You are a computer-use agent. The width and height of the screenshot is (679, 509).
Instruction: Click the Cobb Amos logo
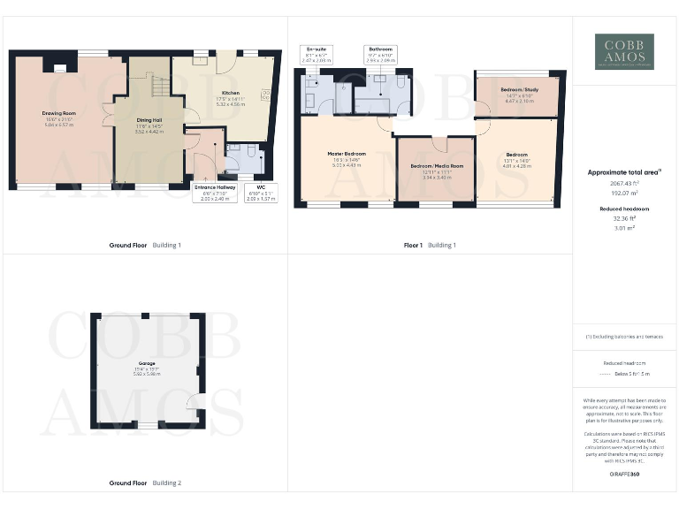624,51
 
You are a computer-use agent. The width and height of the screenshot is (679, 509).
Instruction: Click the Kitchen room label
231,92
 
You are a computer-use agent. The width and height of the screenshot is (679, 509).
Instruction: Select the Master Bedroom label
347,155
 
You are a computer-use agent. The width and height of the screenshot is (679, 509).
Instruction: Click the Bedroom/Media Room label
437,166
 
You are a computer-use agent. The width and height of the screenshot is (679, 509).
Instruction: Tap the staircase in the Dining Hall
154,87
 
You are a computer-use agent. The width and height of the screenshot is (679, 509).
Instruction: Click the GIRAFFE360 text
624,475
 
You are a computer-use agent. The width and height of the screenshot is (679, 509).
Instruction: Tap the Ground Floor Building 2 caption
145,483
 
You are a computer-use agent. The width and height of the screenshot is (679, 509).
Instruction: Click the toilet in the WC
252,152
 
